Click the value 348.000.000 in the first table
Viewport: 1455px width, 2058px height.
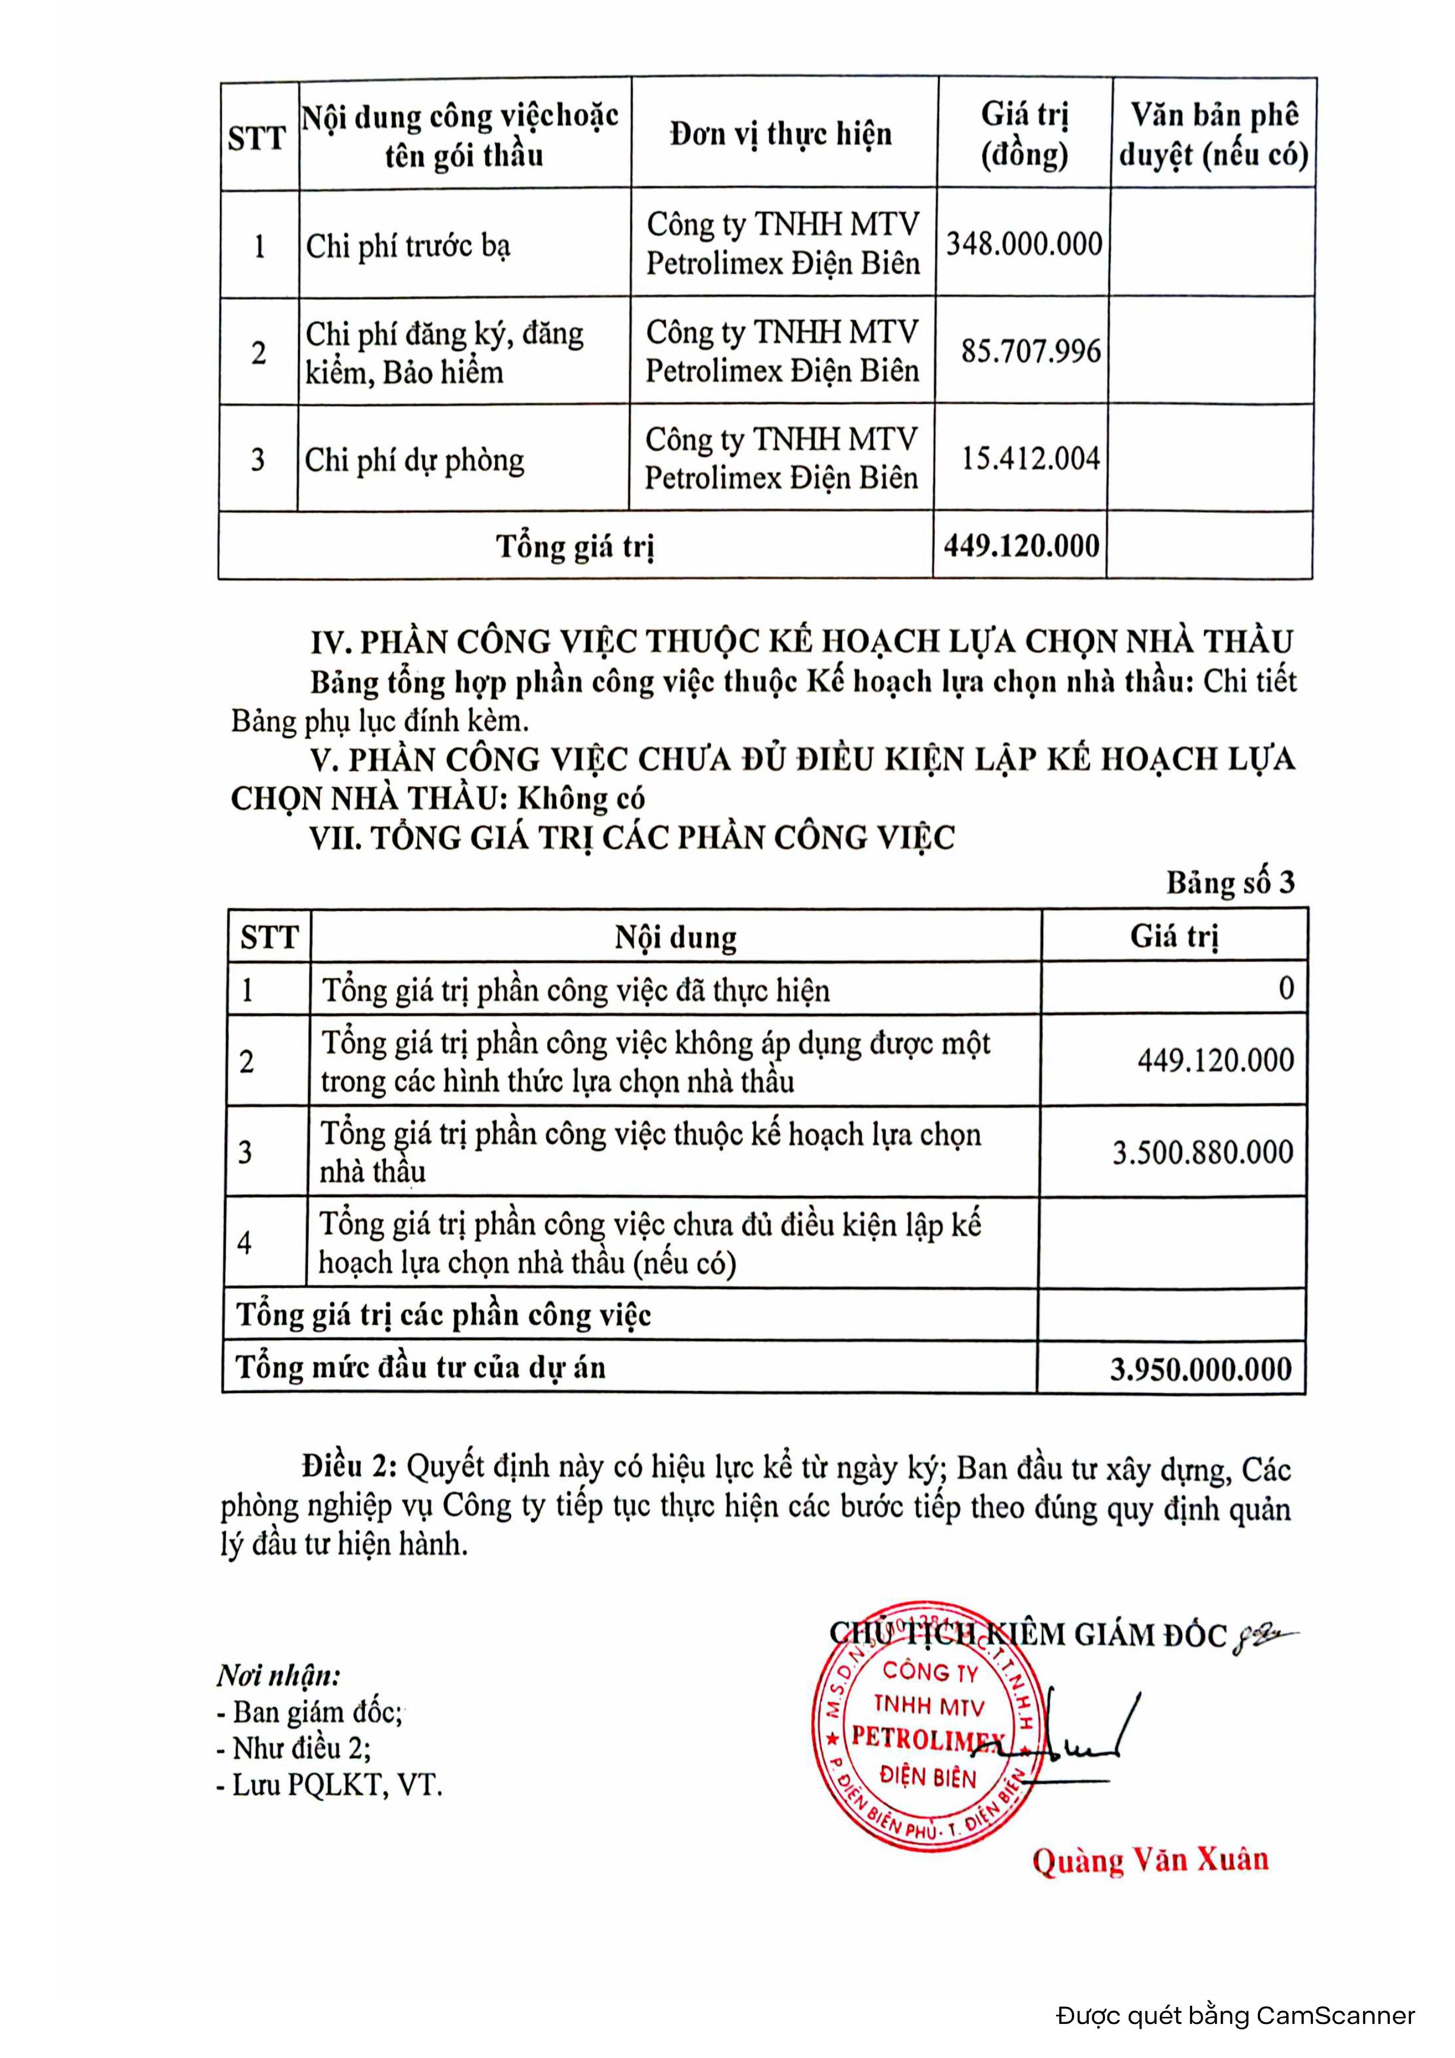click(1024, 244)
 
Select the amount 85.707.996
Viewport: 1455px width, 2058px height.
click(1030, 351)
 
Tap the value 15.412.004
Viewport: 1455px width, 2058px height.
click(1030, 459)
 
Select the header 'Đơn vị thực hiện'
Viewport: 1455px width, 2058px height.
click(781, 134)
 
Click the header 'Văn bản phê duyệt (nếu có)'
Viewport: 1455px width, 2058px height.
click(1213, 134)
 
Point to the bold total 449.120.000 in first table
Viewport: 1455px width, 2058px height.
click(1021, 546)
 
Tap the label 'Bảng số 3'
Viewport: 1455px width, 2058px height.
click(1230, 883)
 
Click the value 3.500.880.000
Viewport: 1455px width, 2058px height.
click(1202, 1152)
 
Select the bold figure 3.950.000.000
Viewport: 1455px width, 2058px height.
click(1200, 1369)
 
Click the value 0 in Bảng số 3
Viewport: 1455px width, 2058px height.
click(1285, 989)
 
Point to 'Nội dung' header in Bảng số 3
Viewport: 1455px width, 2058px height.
click(675, 938)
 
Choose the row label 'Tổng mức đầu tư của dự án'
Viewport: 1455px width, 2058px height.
click(421, 1368)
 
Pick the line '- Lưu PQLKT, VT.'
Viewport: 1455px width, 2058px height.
click(329, 1785)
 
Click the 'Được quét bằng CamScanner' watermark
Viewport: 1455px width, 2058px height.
click(1236, 2016)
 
